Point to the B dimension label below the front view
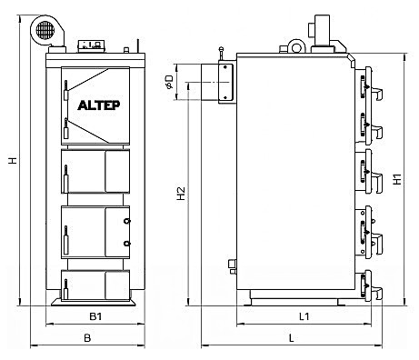(87, 338)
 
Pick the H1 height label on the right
(399, 180)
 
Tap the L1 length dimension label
(305, 317)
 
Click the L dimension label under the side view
(291, 338)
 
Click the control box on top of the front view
(92, 43)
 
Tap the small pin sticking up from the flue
(219, 55)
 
